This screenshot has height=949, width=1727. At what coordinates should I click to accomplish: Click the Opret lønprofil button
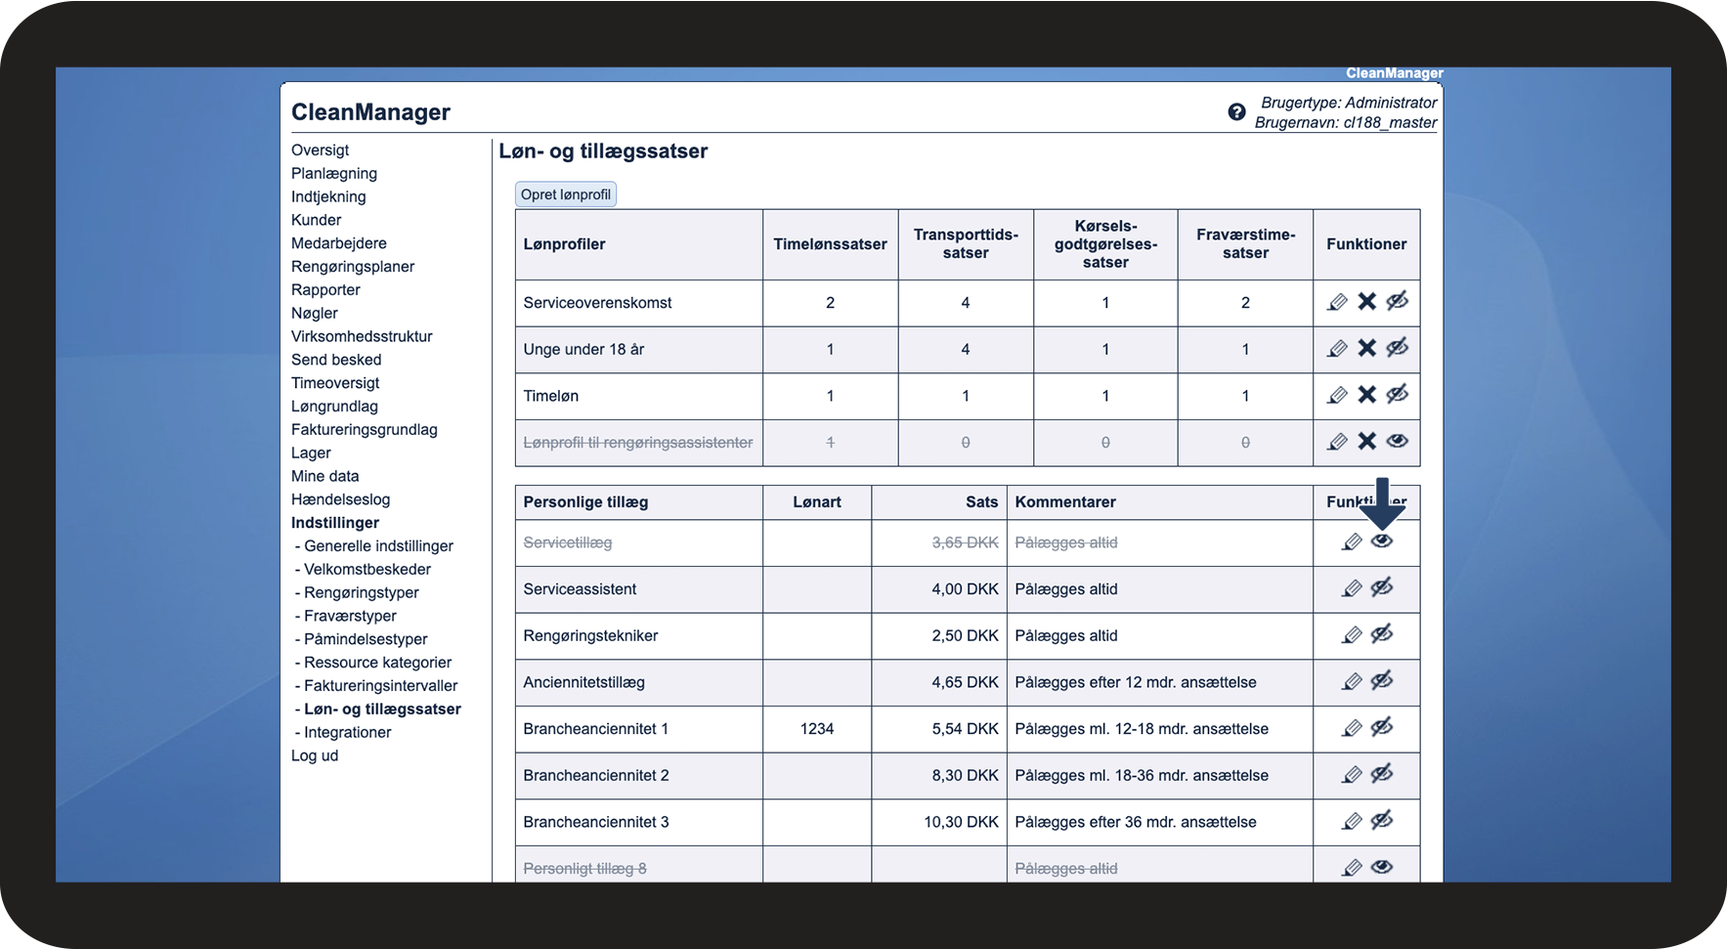pos(566,194)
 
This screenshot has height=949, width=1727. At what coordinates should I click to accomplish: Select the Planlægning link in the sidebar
pos(334,173)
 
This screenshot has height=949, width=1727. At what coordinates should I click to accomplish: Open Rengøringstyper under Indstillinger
pos(361,592)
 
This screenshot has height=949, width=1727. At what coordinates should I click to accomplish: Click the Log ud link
pos(315,755)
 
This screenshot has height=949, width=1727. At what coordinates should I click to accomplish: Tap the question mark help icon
pos(1236,112)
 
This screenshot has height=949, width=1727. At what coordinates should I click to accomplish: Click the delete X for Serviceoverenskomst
pos(1366,301)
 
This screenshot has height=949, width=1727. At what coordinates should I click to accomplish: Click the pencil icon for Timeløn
pos(1337,395)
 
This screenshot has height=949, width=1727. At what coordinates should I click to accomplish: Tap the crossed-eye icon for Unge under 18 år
pos(1398,348)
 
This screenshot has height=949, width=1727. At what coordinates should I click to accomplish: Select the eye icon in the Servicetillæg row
pos(1381,541)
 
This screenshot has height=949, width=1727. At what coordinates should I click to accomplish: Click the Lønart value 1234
pos(817,729)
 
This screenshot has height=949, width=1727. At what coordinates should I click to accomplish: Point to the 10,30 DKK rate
pos(961,822)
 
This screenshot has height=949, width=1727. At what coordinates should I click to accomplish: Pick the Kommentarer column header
pos(1065,502)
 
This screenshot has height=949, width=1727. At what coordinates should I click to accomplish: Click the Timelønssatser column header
pos(830,244)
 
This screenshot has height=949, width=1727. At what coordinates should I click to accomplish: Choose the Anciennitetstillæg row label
pos(583,682)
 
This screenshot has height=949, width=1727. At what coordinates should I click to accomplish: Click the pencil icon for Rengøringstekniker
pos(1352,635)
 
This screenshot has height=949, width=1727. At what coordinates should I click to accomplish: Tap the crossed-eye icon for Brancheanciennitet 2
pos(1381,774)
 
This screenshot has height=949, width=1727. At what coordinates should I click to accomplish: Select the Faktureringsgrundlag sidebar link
pos(364,429)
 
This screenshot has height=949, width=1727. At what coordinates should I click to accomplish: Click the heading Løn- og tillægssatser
pos(603,151)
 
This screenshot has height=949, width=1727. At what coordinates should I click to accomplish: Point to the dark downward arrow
pos(1382,501)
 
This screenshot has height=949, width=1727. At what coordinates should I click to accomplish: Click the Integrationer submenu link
pos(347,732)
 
